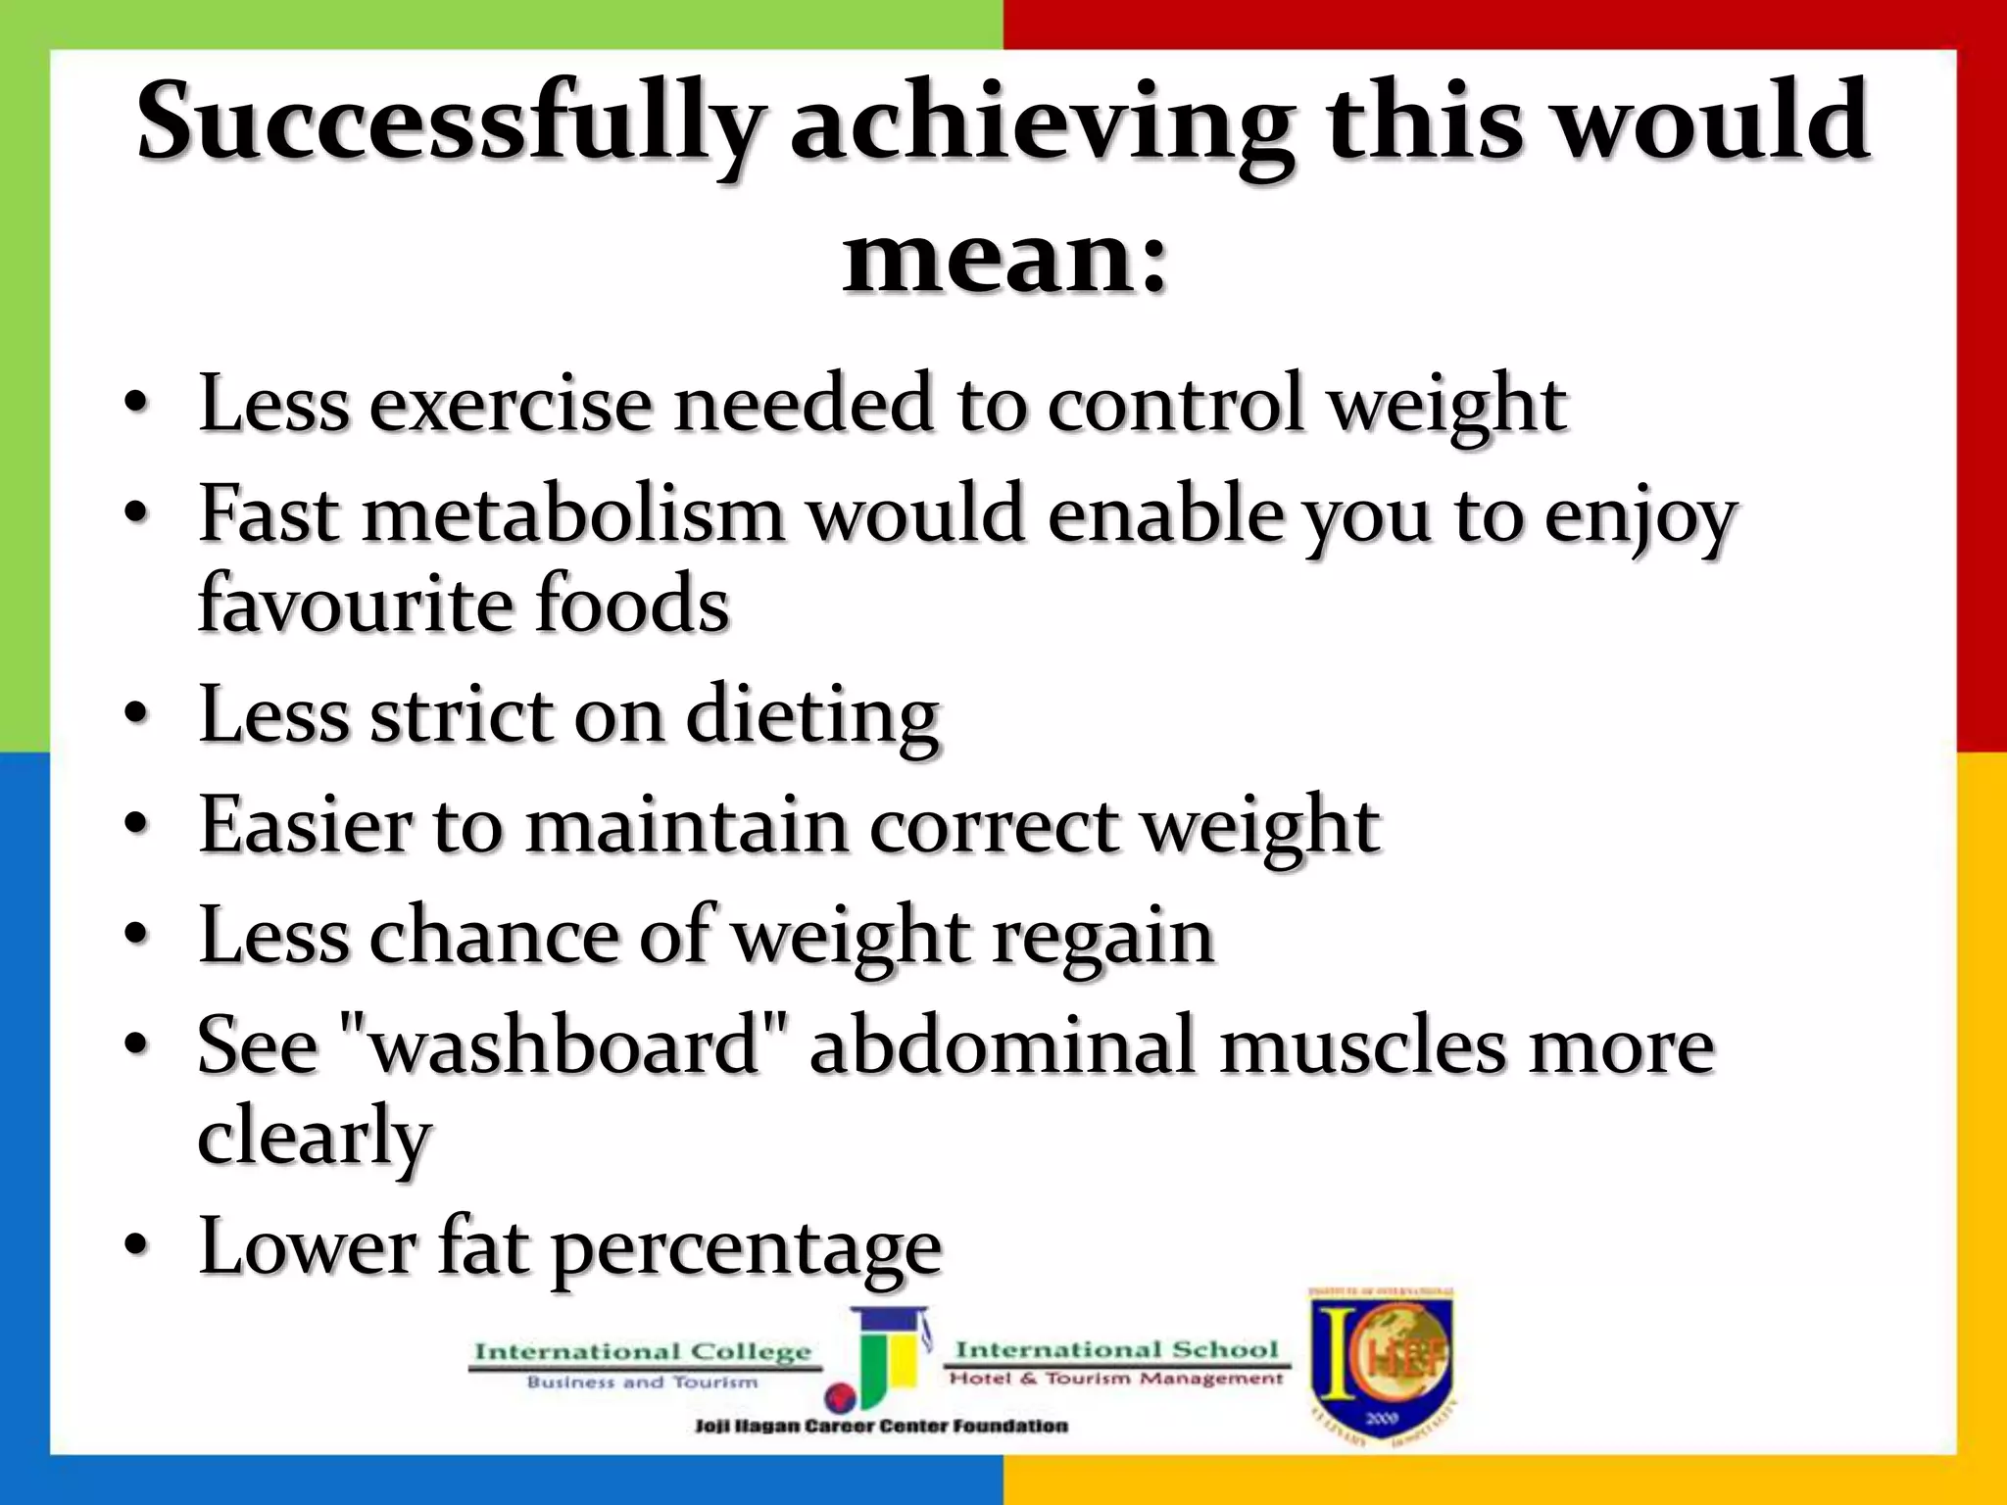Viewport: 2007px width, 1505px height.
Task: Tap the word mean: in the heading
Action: tap(1005, 258)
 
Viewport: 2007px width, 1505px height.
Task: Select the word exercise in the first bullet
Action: tap(510, 404)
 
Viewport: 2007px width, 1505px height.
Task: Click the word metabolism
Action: tap(574, 514)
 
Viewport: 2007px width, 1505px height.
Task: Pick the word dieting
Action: tap(812, 716)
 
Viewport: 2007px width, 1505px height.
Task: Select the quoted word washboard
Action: tap(563, 1046)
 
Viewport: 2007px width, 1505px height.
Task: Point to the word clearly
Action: tap(315, 1137)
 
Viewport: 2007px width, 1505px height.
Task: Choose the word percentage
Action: tap(746, 1248)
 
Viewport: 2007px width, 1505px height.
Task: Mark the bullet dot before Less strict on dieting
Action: tap(137, 713)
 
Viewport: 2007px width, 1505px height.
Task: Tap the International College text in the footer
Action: tap(643, 1352)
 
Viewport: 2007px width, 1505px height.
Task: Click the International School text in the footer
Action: tap(1117, 1349)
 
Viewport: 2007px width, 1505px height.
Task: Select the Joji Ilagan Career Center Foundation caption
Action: tap(881, 1426)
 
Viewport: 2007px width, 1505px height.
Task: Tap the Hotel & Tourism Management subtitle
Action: tap(1116, 1379)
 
